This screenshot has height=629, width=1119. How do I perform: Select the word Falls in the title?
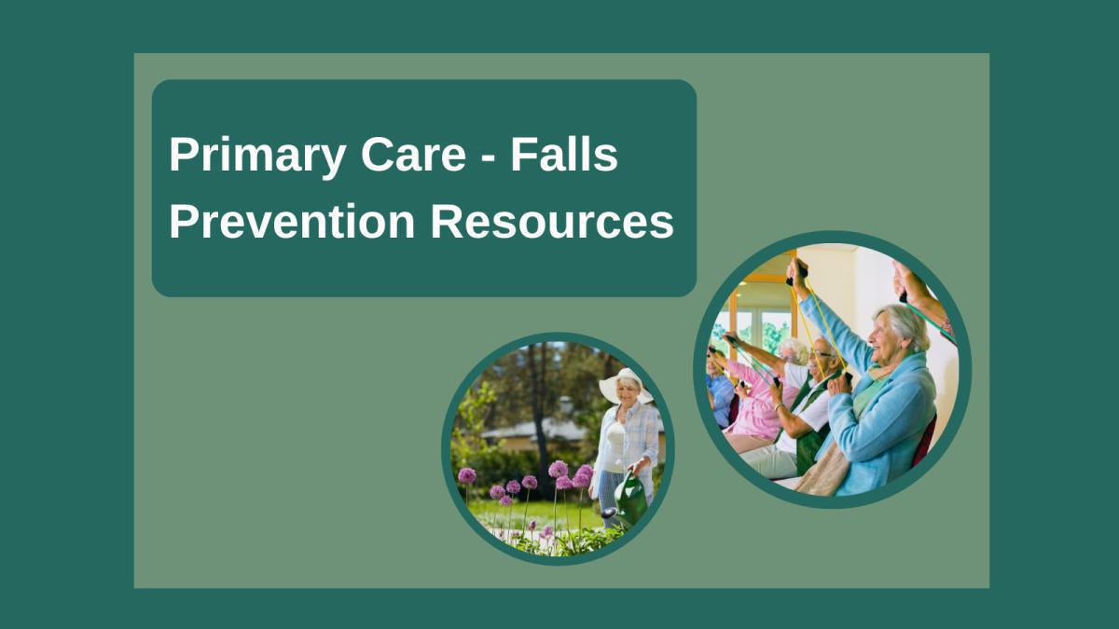point(564,156)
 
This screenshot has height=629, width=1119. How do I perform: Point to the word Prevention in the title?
point(292,223)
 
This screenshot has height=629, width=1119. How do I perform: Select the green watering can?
point(631,497)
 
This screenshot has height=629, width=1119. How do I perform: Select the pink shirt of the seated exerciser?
point(757,410)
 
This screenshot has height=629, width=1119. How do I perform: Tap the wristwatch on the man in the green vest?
point(779,407)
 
